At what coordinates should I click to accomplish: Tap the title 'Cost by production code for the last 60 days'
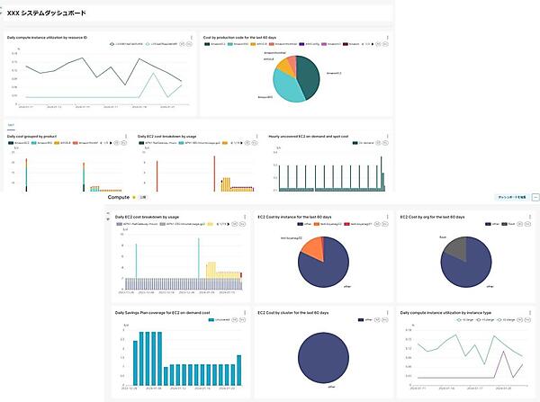click(x=240, y=38)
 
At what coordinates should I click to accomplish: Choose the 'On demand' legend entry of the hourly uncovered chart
click(x=370, y=143)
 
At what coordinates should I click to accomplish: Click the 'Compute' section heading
click(x=119, y=196)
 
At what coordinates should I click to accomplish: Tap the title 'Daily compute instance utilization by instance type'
click(x=445, y=313)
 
